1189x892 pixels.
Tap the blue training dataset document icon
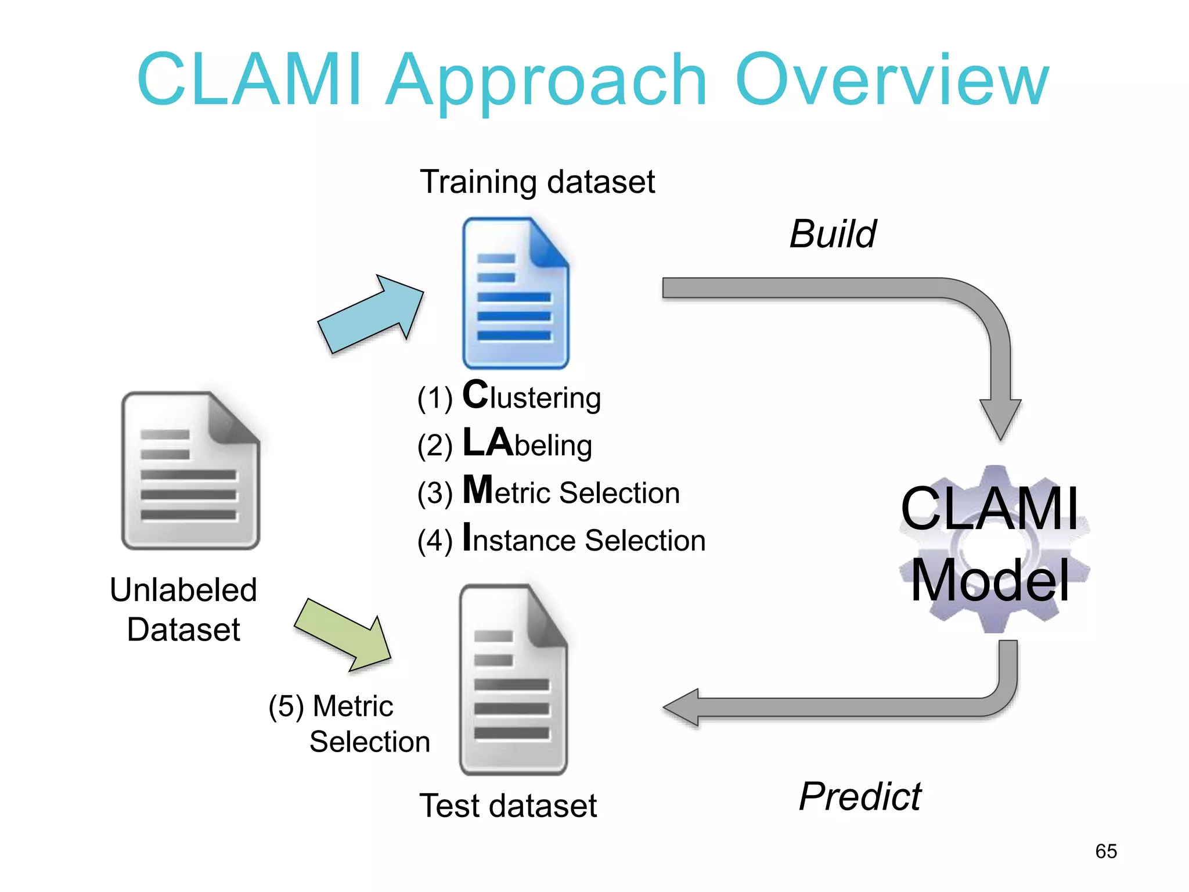point(515,293)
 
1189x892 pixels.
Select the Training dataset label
point(537,182)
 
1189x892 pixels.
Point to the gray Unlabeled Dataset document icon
point(190,471)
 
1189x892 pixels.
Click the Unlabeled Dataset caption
point(183,609)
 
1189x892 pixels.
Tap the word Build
point(833,234)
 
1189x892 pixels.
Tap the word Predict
point(860,796)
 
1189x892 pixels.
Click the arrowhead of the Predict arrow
point(682,707)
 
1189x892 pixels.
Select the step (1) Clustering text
point(509,397)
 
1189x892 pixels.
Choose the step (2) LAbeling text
point(504,444)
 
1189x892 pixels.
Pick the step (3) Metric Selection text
point(548,492)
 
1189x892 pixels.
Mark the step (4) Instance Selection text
point(561,539)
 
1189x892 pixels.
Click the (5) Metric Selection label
point(349,724)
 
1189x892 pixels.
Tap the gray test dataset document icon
point(513,680)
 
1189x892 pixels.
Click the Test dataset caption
point(508,805)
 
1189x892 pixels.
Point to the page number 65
point(1106,851)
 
